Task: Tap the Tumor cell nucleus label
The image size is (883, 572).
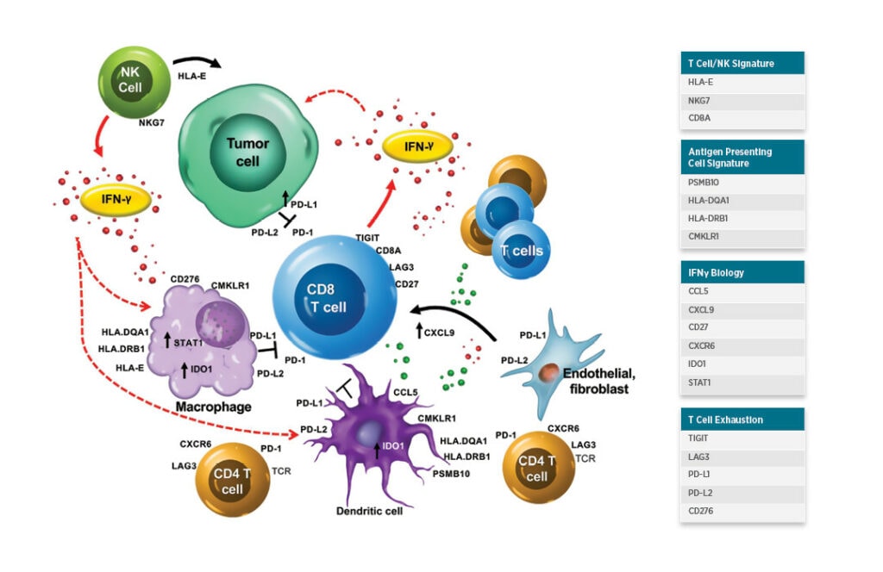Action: pyautogui.click(x=247, y=152)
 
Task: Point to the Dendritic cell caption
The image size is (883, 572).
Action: pyautogui.click(x=370, y=511)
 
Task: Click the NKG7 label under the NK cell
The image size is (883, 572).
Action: pyautogui.click(x=153, y=123)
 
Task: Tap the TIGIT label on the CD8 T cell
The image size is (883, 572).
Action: pyautogui.click(x=368, y=237)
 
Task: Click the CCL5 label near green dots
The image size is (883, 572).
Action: pyautogui.click(x=405, y=393)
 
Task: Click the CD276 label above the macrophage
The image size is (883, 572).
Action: pyautogui.click(x=186, y=279)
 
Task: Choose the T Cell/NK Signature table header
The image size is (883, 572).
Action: pyautogui.click(x=742, y=63)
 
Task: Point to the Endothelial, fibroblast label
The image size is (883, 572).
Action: pyautogui.click(x=598, y=381)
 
